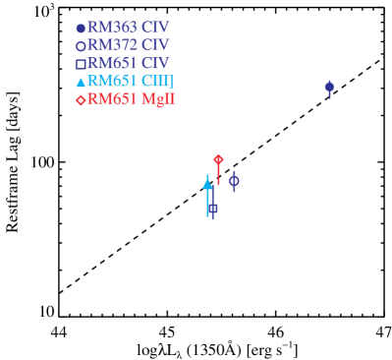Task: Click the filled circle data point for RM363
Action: (329, 87)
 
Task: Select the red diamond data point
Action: (218, 159)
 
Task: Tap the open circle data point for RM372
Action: (234, 180)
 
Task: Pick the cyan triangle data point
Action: (207, 183)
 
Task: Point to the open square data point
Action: (212, 209)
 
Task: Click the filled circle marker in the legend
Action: (81, 29)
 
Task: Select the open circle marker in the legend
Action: (81, 46)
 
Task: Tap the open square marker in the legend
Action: (81, 64)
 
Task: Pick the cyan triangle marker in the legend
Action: (81, 82)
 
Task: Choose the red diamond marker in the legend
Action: (81, 99)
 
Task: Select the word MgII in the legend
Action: (160, 98)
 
